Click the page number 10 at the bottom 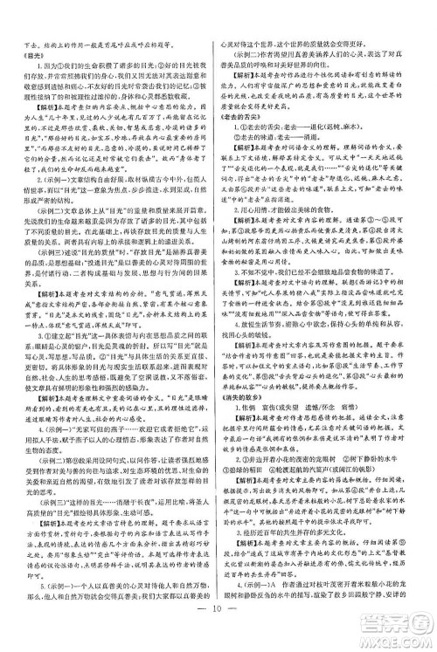(x=218, y=635)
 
